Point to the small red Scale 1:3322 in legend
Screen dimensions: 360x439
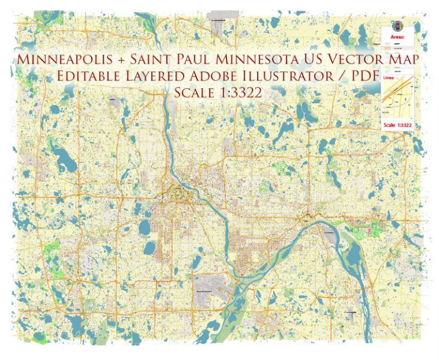pyautogui.click(x=398, y=125)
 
